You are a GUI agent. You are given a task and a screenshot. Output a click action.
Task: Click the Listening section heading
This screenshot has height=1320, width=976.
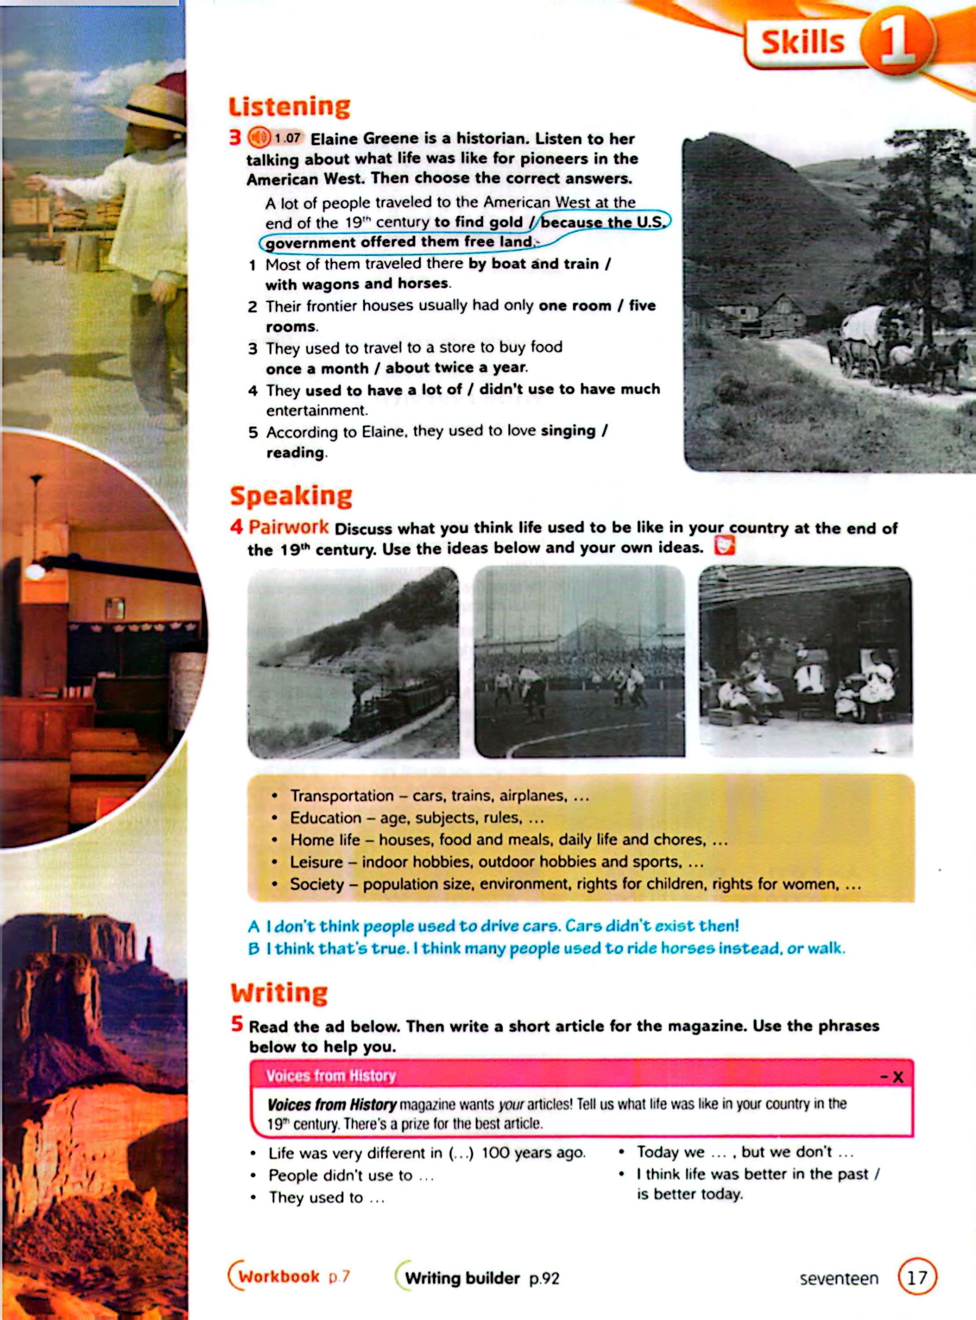289,107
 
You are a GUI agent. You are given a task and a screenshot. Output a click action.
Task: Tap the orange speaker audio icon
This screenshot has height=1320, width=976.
258,138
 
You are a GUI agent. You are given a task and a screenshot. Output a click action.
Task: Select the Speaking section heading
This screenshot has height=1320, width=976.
291,496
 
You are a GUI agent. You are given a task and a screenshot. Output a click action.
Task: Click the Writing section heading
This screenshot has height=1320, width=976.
279,993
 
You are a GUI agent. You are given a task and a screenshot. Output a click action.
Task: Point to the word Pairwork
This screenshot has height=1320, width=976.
288,527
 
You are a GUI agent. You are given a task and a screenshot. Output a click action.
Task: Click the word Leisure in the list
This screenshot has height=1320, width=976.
316,862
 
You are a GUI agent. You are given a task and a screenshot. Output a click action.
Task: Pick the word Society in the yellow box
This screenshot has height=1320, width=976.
317,884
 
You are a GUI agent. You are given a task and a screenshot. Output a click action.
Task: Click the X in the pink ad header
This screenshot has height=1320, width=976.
898,1077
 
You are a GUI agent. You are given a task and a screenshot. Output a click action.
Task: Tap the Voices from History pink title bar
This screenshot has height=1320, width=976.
331,1076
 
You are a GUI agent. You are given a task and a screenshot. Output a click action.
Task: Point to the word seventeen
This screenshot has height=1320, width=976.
838,1279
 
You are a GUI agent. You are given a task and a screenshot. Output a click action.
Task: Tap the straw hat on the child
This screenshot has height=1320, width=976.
148,106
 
